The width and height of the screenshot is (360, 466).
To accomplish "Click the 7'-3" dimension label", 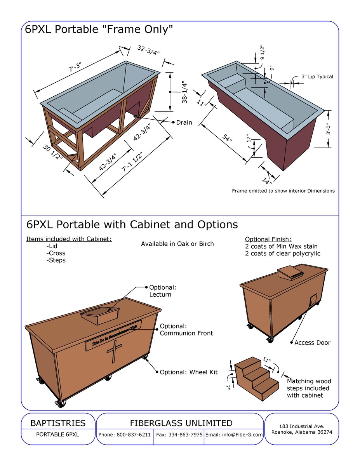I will pyautogui.click(x=75, y=68).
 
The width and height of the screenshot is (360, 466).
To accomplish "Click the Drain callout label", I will pyautogui.click(x=184, y=122).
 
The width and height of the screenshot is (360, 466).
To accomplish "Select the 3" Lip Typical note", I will pyautogui.click(x=317, y=77).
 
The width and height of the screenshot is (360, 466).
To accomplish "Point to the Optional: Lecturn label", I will pyautogui.click(x=163, y=291).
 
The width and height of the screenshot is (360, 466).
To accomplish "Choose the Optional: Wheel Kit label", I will pyautogui.click(x=189, y=372).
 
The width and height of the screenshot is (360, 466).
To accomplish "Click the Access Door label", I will pyautogui.click(x=312, y=343).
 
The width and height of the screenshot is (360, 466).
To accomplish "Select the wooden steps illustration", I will pyautogui.click(x=256, y=376).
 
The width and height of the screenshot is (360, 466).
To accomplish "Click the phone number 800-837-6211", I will pyautogui.click(x=125, y=435).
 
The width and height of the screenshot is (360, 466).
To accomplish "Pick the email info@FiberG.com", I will pyautogui.click(x=234, y=435).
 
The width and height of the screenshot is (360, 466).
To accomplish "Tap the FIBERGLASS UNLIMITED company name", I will pyautogui.click(x=181, y=423).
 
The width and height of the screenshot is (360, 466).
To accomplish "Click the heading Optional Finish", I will pyautogui.click(x=268, y=239).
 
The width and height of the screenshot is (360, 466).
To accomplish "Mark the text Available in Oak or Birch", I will pyautogui.click(x=177, y=244).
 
